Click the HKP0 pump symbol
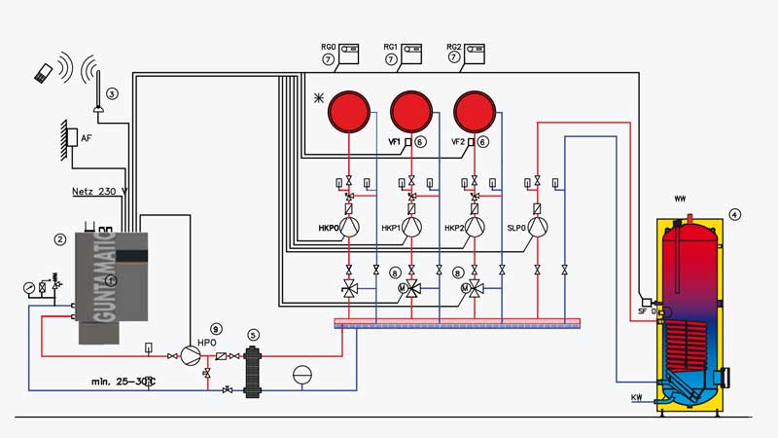tap(350, 228)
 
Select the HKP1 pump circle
tap(412, 228)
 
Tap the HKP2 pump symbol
tap(475, 228)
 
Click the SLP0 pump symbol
tap(538, 228)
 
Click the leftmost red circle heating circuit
tap(348, 111)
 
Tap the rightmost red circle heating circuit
tap(474, 111)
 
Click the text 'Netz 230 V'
tap(101, 190)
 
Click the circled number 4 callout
tap(735, 214)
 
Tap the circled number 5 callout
tap(254, 334)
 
